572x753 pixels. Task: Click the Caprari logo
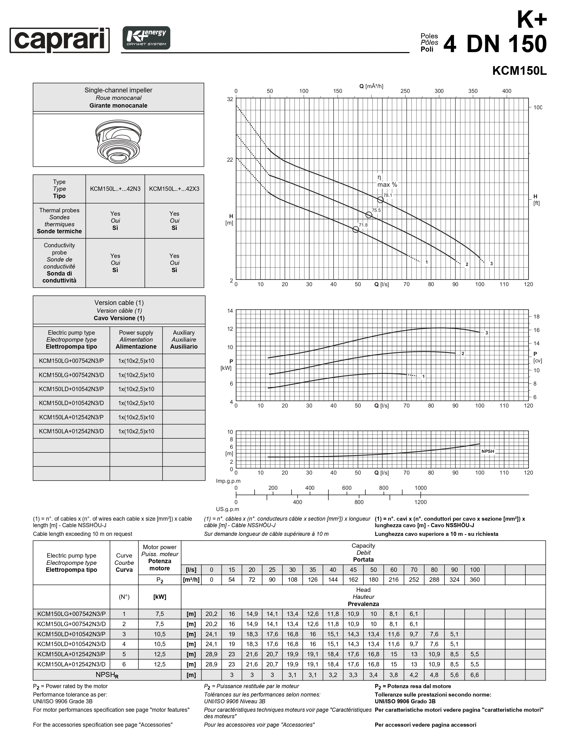pyautogui.click(x=60, y=40)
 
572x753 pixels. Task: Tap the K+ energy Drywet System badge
pyautogui.click(x=146, y=38)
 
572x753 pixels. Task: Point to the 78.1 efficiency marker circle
pyautogui.click(x=380, y=200)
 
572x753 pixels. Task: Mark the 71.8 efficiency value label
pyautogui.click(x=363, y=225)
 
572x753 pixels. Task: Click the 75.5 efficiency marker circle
pyautogui.click(x=368, y=215)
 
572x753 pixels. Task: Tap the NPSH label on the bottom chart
pyautogui.click(x=488, y=451)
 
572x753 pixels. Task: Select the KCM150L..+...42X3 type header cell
pyautogui.click(x=174, y=189)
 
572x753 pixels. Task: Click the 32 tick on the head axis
pyautogui.click(x=230, y=99)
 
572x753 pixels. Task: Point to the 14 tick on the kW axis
pyautogui.click(x=230, y=311)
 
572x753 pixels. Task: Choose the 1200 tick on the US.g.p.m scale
pyautogui.click(x=420, y=502)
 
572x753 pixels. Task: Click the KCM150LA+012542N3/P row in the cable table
pyautogui.click(x=72, y=417)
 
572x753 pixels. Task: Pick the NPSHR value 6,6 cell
pyautogui.click(x=474, y=675)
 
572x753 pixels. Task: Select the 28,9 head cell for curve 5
pyautogui.click(x=211, y=654)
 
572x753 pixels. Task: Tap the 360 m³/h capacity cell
pyautogui.click(x=474, y=580)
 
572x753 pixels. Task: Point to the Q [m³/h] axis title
pyautogui.click(x=371, y=86)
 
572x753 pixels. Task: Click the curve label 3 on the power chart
pyautogui.click(x=486, y=333)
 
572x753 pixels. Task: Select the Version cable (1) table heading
pyautogui.click(x=119, y=310)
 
